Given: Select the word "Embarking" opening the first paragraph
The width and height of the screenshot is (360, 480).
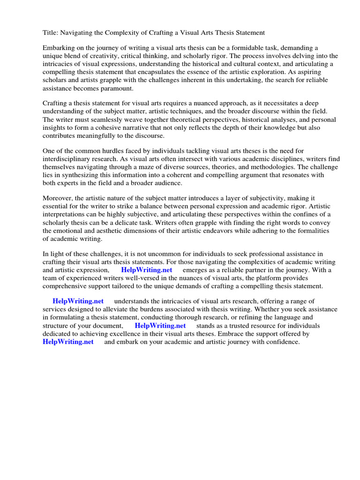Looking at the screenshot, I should click(59, 48).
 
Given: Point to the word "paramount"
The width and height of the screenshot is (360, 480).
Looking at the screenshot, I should click(118, 88).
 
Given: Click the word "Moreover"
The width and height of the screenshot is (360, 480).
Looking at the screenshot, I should click(59, 199).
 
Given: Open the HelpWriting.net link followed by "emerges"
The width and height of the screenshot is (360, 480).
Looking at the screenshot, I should click(147, 270).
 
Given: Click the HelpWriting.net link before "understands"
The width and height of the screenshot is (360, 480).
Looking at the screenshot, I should click(78, 301).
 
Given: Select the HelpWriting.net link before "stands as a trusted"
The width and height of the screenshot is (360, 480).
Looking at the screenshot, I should click(160, 326).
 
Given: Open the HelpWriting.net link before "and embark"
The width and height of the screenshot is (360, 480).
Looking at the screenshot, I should click(68, 342).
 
